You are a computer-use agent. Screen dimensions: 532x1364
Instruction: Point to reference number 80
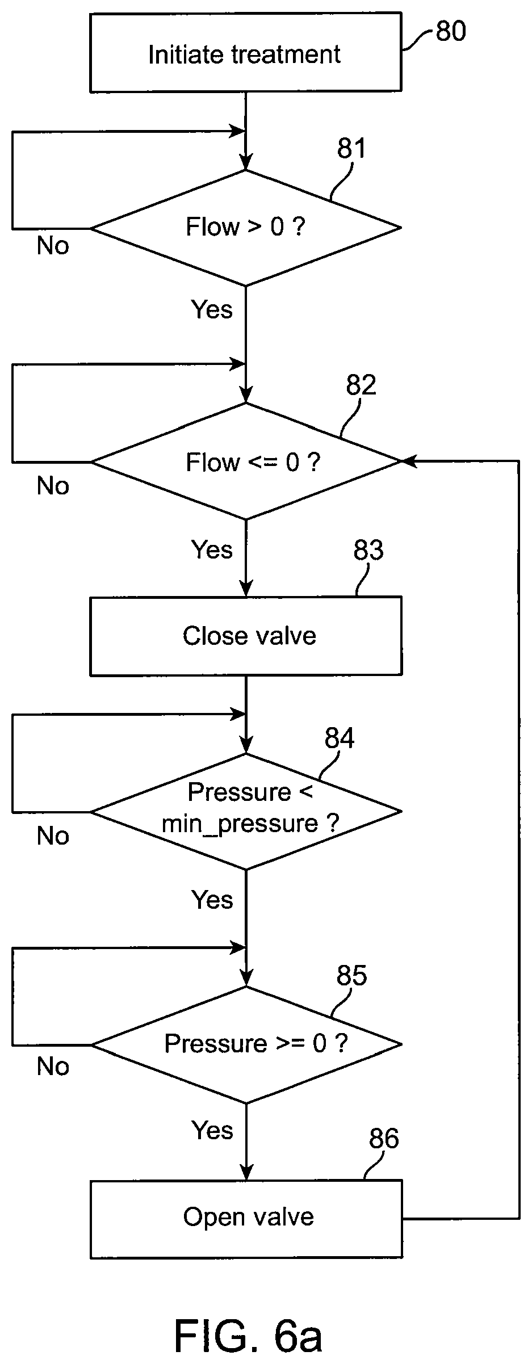coord(451,31)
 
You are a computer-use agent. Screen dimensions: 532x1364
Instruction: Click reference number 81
coord(352,149)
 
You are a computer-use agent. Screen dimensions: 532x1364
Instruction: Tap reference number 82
coord(361,385)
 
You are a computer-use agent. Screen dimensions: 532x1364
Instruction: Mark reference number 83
coord(368,551)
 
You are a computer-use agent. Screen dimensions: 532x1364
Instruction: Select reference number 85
coord(352,975)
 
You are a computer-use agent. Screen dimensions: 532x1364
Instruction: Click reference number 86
coord(384,1139)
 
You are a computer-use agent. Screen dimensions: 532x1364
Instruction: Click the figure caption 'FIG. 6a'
coord(248,1336)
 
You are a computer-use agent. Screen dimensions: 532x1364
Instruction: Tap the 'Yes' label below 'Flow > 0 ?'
coord(212,309)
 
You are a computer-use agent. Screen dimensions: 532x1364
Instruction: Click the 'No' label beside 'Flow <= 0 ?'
coord(53,486)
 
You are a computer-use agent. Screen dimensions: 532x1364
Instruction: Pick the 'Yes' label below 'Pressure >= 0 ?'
coord(212,1130)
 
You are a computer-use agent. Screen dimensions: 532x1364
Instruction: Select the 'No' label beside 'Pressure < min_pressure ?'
coord(53,836)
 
